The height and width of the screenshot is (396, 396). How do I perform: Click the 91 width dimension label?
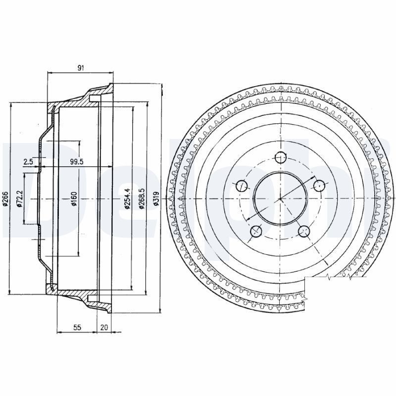(81, 68)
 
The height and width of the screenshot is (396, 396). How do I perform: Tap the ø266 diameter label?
(6, 199)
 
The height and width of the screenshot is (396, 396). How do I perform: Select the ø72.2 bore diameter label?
(20, 199)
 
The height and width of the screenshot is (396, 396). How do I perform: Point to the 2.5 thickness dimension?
(28, 162)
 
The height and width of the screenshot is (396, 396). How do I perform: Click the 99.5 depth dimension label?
(77, 162)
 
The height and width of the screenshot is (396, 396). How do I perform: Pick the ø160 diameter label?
(74, 199)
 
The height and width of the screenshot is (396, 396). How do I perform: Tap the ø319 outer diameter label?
(156, 199)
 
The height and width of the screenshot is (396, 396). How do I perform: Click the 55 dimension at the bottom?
(77, 327)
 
